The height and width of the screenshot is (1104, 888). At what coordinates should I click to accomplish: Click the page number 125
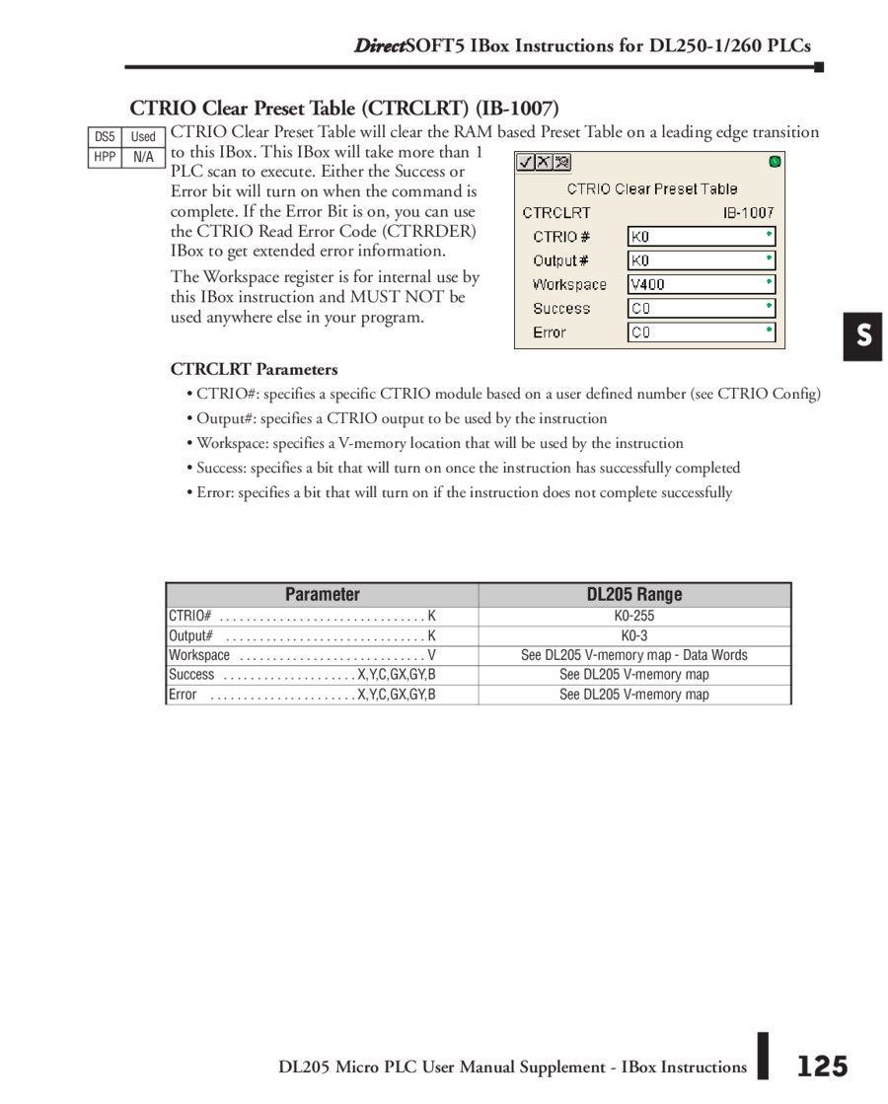click(822, 1067)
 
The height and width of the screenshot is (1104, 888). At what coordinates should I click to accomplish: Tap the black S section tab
click(862, 336)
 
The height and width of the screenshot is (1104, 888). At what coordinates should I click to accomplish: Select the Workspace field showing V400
click(702, 284)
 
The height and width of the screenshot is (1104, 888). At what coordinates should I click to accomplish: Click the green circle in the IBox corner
click(775, 161)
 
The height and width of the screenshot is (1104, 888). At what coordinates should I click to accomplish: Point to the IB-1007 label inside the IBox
click(748, 212)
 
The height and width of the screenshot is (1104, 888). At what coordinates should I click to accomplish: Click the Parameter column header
click(322, 594)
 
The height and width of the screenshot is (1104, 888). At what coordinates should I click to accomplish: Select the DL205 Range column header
click(633, 594)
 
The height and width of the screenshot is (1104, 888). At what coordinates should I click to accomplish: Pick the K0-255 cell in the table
click(633, 616)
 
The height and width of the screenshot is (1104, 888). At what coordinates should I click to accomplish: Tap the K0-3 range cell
click(633, 635)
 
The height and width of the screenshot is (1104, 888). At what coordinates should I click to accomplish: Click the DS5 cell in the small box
click(105, 137)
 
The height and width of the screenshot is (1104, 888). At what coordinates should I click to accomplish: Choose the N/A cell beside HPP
click(143, 157)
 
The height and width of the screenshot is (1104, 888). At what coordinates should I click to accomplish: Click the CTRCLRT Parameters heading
click(254, 369)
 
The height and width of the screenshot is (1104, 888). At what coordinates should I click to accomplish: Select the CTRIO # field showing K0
click(702, 237)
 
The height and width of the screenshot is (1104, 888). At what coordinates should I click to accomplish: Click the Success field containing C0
click(702, 308)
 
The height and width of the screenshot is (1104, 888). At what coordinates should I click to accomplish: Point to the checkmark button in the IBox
click(527, 162)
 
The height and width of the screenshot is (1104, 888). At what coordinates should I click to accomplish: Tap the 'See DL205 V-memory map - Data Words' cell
click(633, 655)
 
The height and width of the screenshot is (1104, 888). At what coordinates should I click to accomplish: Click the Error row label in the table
click(183, 695)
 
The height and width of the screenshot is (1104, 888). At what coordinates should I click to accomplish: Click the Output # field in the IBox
click(702, 260)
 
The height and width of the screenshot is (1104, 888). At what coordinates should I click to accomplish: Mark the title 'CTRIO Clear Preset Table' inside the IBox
click(651, 188)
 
